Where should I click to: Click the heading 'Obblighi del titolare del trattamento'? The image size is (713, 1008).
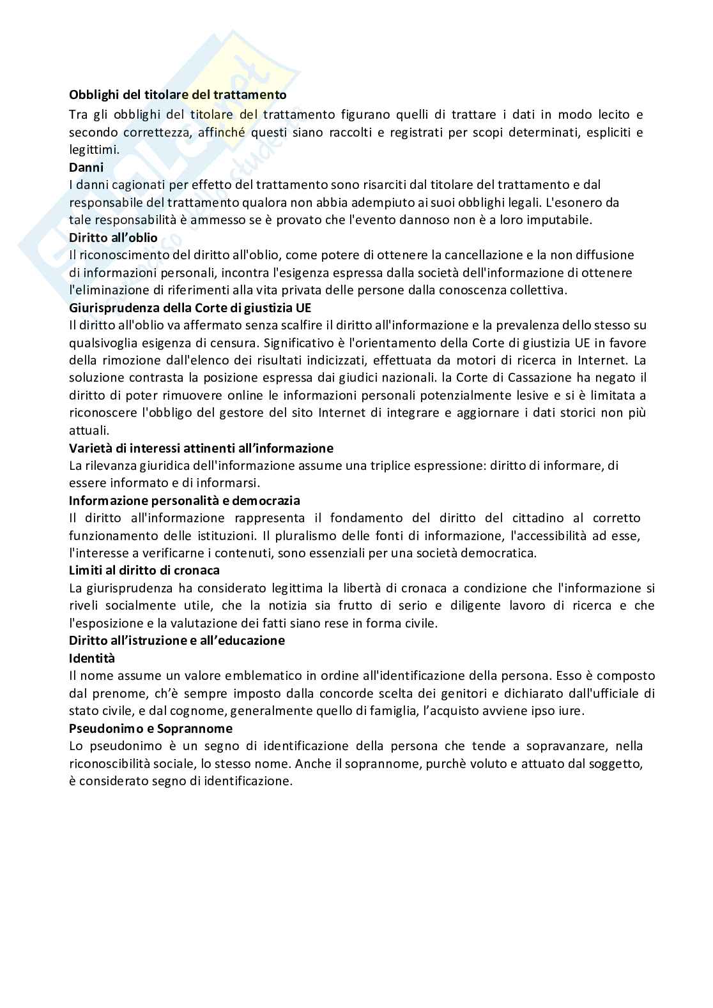point(178,94)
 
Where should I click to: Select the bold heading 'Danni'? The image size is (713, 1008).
point(86,167)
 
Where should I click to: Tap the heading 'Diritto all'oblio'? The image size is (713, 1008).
point(113,237)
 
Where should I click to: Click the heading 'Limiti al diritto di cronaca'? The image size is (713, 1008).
point(144,570)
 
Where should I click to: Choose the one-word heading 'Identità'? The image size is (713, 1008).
point(92,658)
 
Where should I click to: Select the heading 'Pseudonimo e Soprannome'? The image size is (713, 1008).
point(150,728)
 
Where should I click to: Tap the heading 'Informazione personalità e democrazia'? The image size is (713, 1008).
point(184,500)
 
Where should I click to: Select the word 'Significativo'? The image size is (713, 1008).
point(298,342)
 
